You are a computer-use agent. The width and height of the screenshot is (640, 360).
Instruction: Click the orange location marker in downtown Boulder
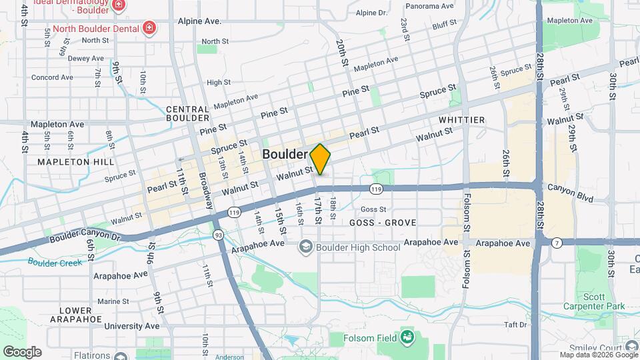click(320, 159)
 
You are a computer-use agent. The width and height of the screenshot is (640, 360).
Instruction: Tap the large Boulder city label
click(285, 154)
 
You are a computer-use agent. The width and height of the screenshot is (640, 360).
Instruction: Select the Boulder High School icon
click(305, 247)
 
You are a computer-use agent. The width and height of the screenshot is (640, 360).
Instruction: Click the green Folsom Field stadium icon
click(406, 338)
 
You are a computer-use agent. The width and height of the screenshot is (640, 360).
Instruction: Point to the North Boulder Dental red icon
click(150, 29)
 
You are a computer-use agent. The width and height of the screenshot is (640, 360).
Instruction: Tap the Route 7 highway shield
click(556, 243)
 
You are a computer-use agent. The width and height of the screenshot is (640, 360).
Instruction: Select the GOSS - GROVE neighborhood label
click(383, 223)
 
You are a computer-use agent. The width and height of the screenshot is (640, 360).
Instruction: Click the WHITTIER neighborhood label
click(461, 120)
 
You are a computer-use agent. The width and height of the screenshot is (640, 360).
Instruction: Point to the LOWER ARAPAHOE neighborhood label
click(75, 315)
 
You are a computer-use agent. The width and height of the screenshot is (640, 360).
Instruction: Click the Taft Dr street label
click(516, 325)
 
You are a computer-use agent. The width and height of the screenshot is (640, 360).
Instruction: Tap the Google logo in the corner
click(22, 352)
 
